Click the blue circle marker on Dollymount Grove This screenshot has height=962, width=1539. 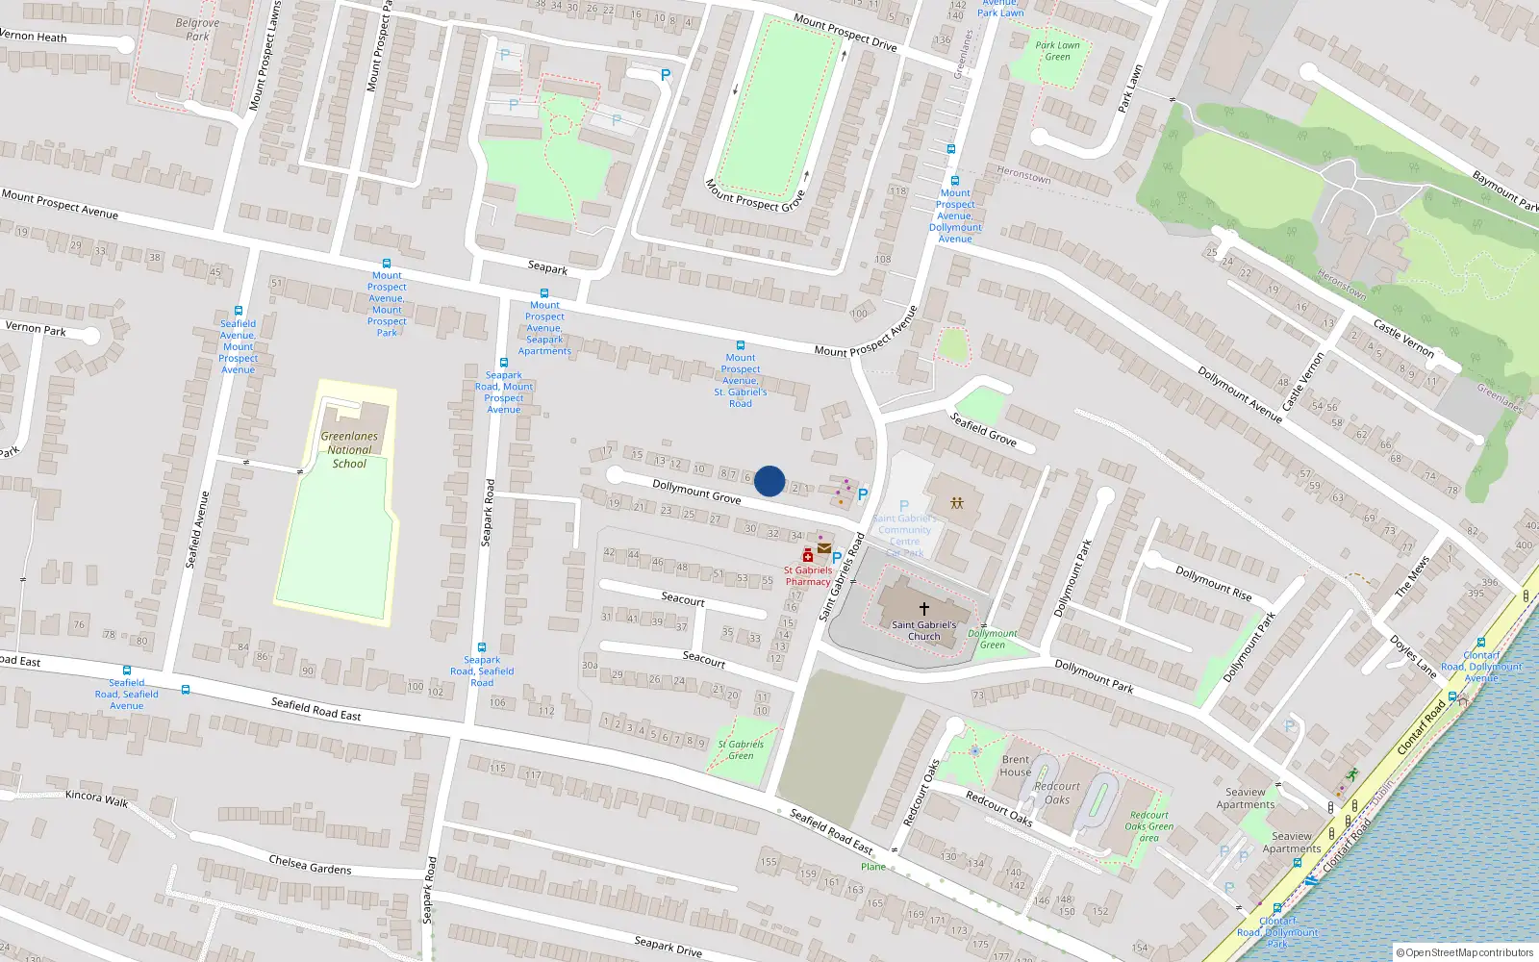769,481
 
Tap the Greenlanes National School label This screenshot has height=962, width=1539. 349,449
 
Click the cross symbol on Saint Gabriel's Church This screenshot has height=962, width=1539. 924,608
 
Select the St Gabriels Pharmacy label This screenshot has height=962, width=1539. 808,575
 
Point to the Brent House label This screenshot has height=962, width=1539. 1015,766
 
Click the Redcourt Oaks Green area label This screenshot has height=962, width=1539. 1148,826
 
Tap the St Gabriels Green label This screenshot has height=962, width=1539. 741,749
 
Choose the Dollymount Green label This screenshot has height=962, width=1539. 993,639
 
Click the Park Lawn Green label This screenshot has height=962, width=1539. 1057,51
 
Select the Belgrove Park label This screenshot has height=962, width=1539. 197,30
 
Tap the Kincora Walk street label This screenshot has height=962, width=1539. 96,798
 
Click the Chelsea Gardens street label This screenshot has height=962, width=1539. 310,864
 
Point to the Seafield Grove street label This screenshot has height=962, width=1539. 983,429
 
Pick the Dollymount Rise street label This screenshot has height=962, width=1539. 1214,583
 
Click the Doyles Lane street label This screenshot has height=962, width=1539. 1412,656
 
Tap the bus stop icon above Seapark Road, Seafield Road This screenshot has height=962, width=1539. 482,647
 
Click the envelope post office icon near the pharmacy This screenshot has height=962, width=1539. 824,548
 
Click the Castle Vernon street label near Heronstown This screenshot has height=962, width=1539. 1403,339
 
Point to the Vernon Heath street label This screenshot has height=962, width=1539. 34,37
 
